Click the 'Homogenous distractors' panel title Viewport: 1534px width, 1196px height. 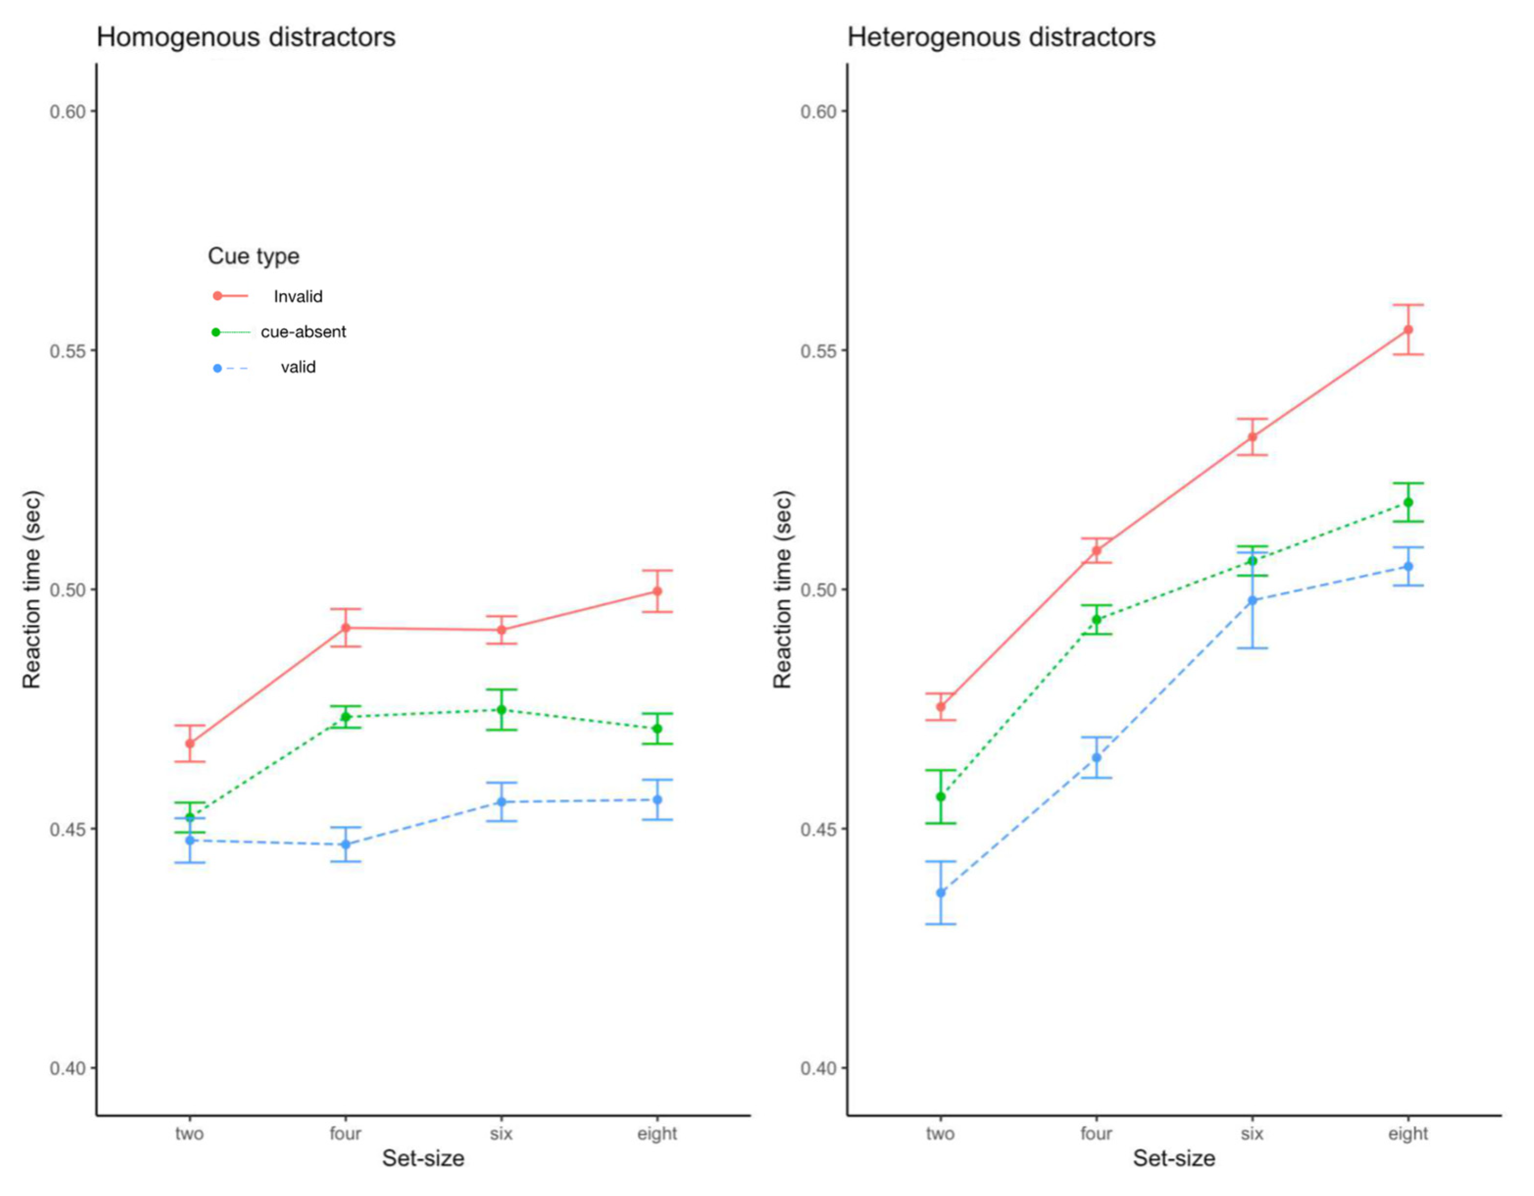click(x=246, y=37)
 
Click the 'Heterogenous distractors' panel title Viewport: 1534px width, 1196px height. click(x=1001, y=37)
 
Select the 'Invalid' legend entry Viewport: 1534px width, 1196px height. click(x=298, y=296)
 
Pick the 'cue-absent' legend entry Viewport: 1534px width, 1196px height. click(x=303, y=332)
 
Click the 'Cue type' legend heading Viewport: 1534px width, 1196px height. click(x=253, y=256)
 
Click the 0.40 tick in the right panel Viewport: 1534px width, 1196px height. click(x=818, y=1068)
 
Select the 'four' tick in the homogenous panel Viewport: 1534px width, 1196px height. click(x=346, y=1133)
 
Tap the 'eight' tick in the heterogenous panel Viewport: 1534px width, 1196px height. click(x=1408, y=1133)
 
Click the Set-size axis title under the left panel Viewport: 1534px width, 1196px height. click(x=423, y=1159)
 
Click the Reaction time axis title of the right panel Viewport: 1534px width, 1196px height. click(x=783, y=589)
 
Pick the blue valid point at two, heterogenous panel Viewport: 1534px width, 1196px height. click(x=940, y=893)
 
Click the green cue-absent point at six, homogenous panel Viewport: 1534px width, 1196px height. click(x=501, y=710)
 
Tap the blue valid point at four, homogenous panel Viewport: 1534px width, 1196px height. click(x=346, y=845)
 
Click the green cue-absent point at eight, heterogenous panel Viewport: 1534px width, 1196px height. click(x=1408, y=503)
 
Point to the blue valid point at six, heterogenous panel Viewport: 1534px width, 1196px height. click(x=1252, y=601)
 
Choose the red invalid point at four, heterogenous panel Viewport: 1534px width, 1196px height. click(x=1096, y=551)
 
